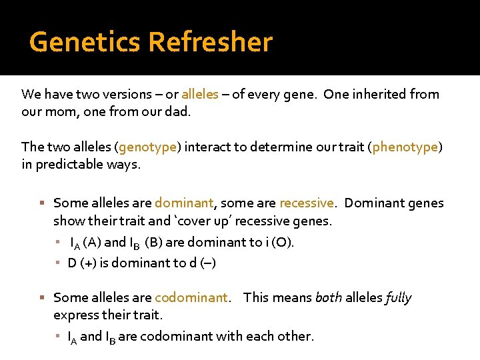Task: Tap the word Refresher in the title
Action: coord(211,42)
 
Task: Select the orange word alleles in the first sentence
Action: coord(200,94)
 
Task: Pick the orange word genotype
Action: coord(148,147)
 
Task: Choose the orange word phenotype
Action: coord(405,147)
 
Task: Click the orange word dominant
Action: coord(184,203)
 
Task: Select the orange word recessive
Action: coord(307,203)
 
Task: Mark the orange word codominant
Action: coord(191,297)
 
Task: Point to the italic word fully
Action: coord(399,297)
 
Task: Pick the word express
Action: coord(75,315)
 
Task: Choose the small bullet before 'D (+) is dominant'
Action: coord(59,263)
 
